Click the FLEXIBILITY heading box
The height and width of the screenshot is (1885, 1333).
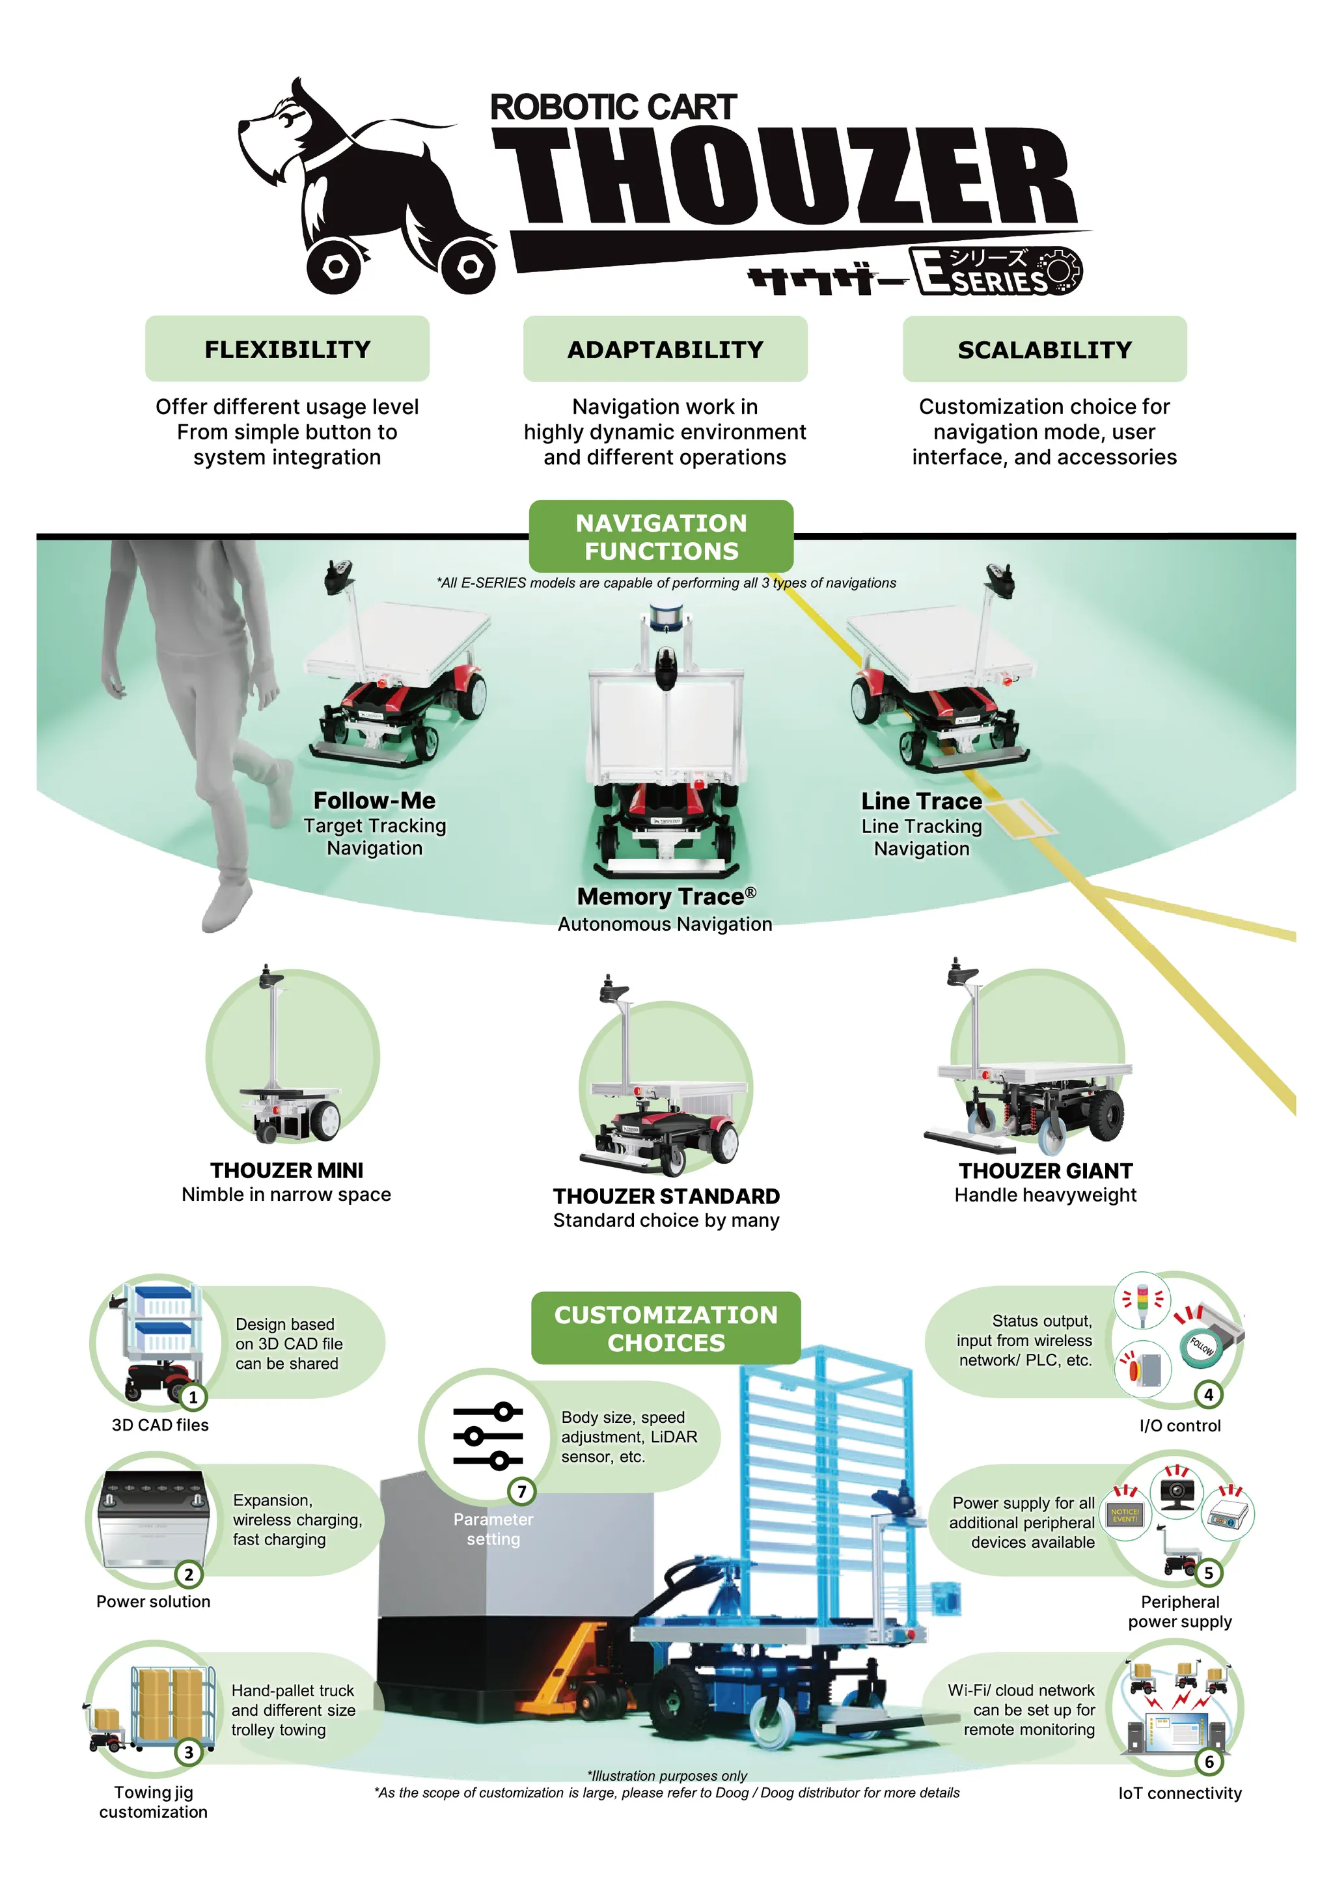287,349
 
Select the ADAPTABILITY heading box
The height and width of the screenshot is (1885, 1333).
665,349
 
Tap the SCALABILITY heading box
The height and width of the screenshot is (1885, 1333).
1044,350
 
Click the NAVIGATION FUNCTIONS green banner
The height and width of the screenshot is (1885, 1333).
661,536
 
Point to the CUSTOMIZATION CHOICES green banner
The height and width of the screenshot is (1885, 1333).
666,1328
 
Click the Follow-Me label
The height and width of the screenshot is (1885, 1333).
374,801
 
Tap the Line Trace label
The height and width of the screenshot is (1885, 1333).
921,801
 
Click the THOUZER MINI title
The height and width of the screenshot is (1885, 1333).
286,1170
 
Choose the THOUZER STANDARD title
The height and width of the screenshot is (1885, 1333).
666,1196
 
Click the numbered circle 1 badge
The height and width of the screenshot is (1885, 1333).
193,1397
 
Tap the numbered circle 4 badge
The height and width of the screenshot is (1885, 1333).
1208,1394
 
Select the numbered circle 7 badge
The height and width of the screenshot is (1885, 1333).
521,1491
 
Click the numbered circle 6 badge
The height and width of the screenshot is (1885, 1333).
1209,1762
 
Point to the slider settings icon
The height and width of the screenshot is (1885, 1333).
488,1436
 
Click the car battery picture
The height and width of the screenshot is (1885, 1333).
152,1519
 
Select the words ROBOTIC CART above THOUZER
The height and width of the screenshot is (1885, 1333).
613,107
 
